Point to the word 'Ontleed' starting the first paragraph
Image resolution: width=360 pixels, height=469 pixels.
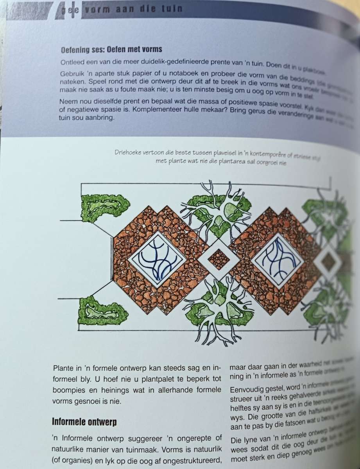(x=72, y=63)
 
